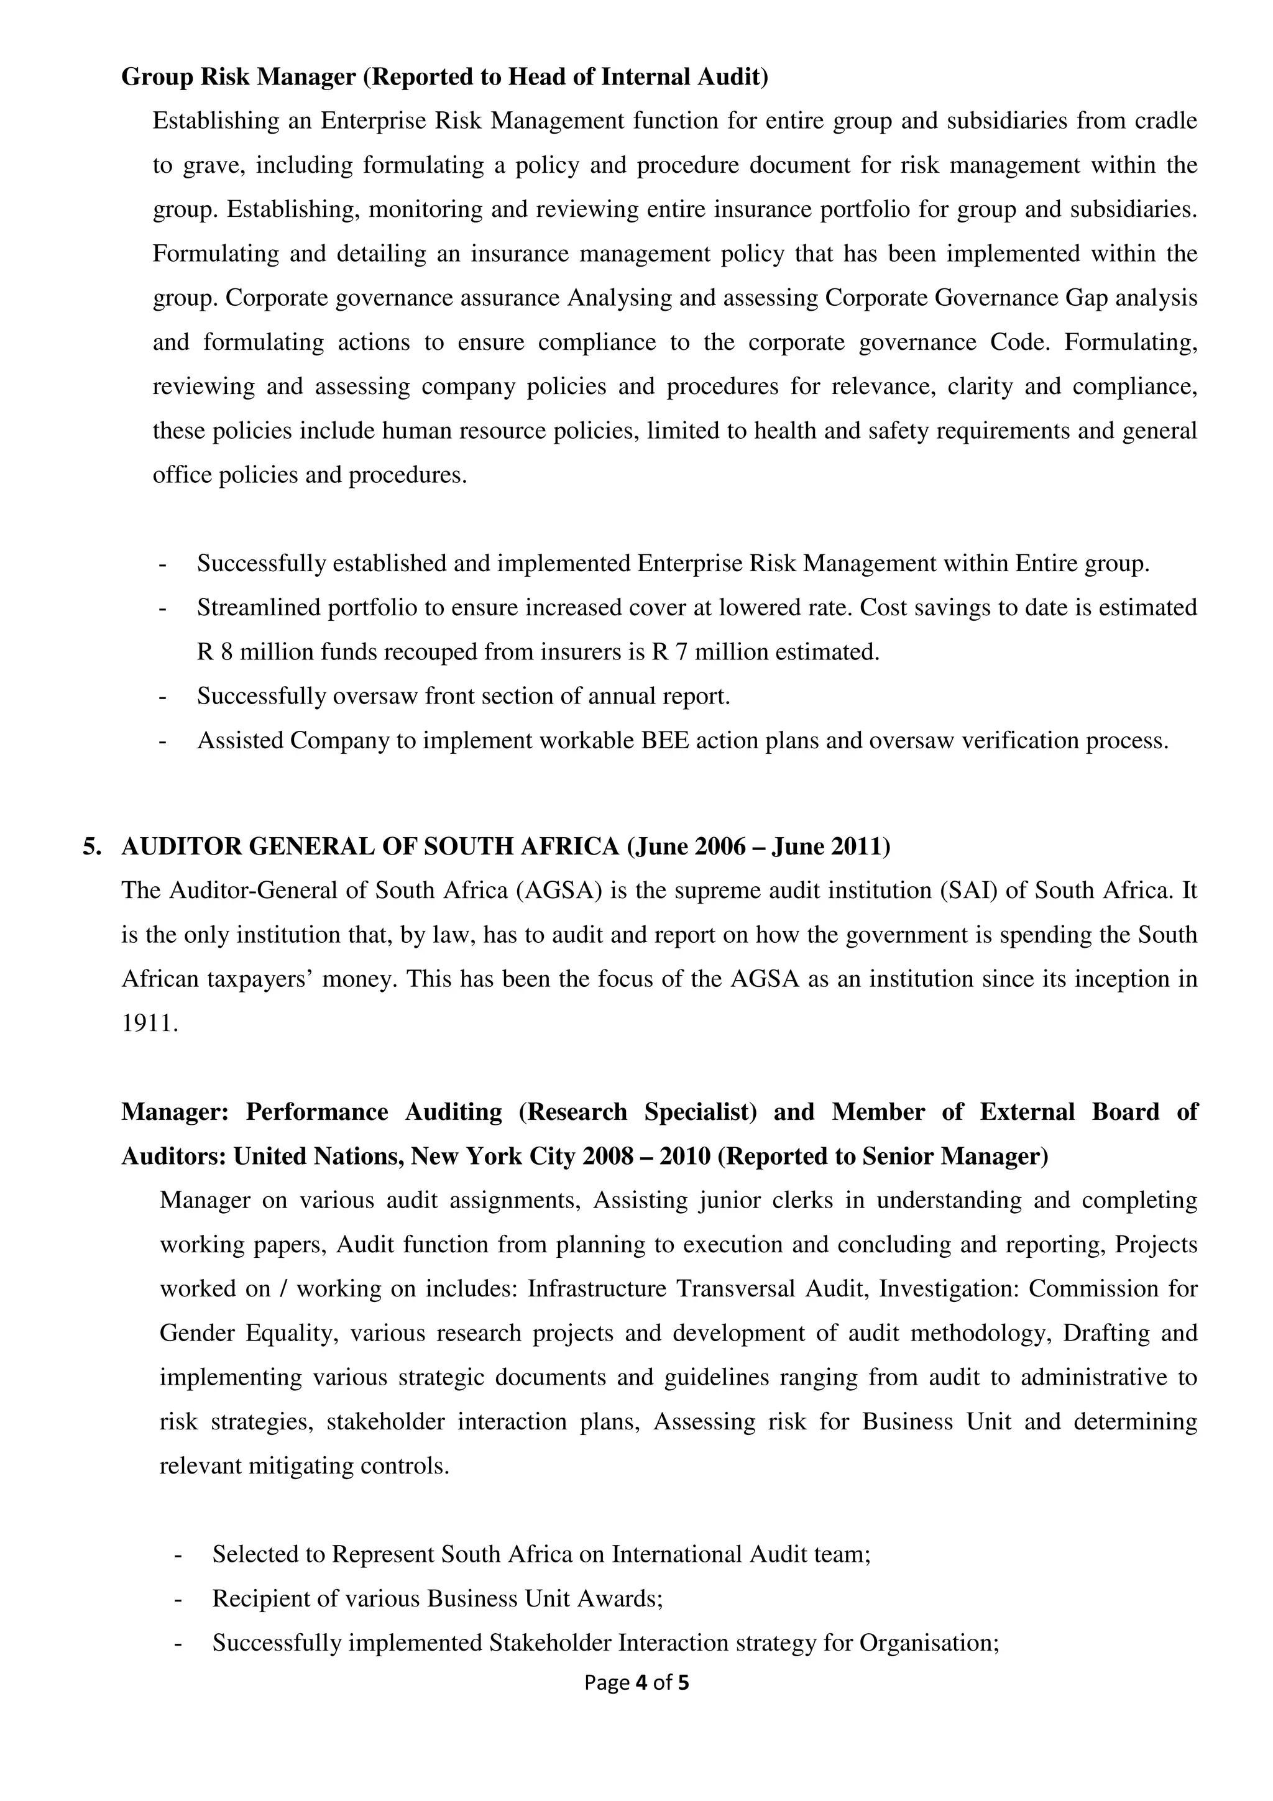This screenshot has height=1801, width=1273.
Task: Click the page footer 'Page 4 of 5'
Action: click(636, 1682)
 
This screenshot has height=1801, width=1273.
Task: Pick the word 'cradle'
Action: click(1165, 121)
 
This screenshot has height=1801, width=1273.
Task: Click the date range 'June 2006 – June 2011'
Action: click(758, 846)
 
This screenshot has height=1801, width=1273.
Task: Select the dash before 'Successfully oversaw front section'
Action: click(162, 697)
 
